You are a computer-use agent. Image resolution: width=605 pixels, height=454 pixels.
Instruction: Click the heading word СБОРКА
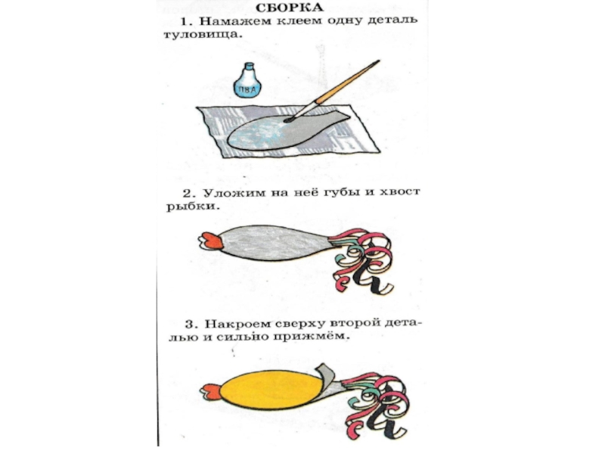[x=290, y=8]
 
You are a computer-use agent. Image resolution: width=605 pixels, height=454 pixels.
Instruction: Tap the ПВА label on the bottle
[x=247, y=90]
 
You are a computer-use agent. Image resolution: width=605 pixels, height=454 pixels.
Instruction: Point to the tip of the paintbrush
[x=288, y=120]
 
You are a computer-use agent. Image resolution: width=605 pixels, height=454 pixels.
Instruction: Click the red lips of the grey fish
[x=210, y=241]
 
